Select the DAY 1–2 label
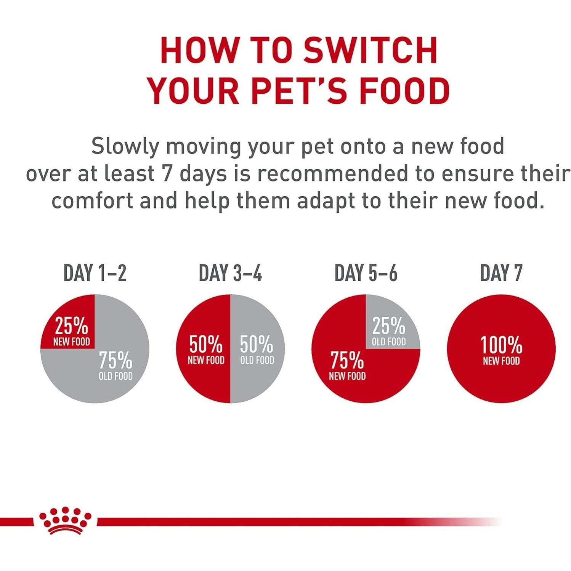(95, 273)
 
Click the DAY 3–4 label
(230, 273)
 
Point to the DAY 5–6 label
(366, 273)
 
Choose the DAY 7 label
(501, 273)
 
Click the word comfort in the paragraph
(92, 201)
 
